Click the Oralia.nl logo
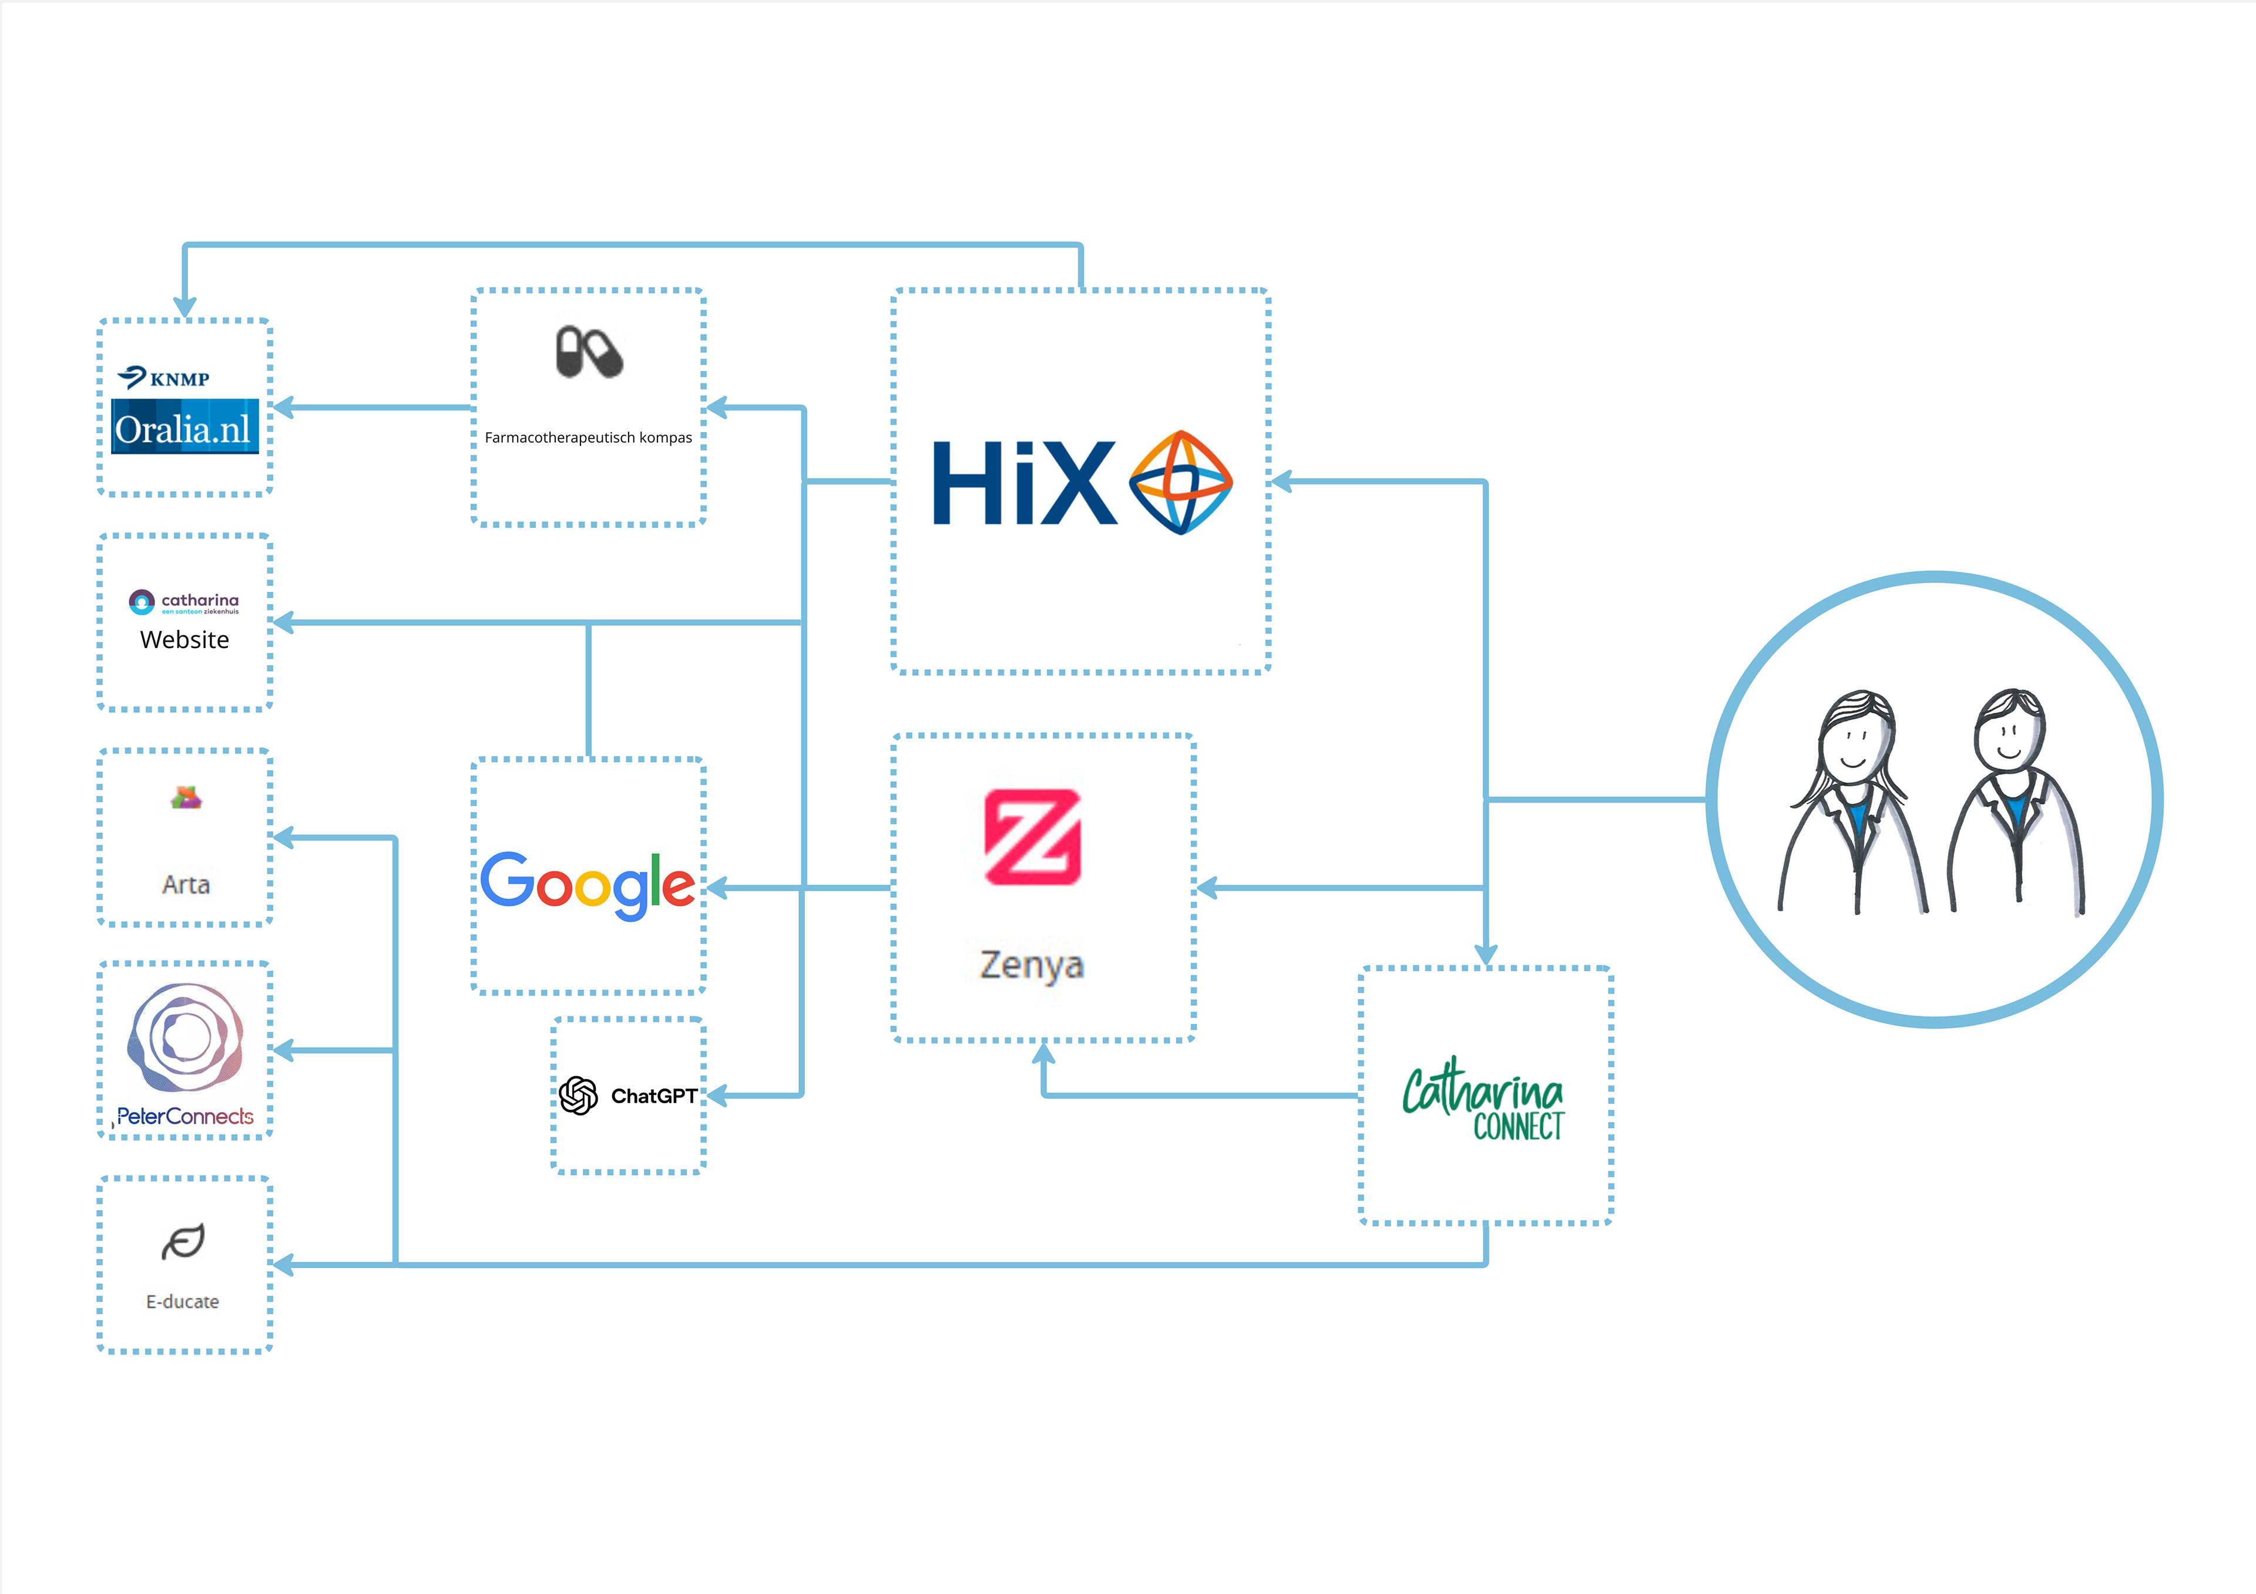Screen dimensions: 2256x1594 tap(184, 426)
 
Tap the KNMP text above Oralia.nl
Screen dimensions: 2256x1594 tap(180, 379)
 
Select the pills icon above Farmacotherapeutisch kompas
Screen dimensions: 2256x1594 tap(589, 352)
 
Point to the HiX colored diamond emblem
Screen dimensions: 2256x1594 tap(1181, 482)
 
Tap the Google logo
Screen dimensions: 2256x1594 tap(587, 886)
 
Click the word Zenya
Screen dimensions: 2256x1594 tap(1032, 965)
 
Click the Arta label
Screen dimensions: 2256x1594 tap(186, 884)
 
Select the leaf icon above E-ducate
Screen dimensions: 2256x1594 tap(183, 1241)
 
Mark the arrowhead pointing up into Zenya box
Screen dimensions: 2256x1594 tap(1043, 1054)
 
